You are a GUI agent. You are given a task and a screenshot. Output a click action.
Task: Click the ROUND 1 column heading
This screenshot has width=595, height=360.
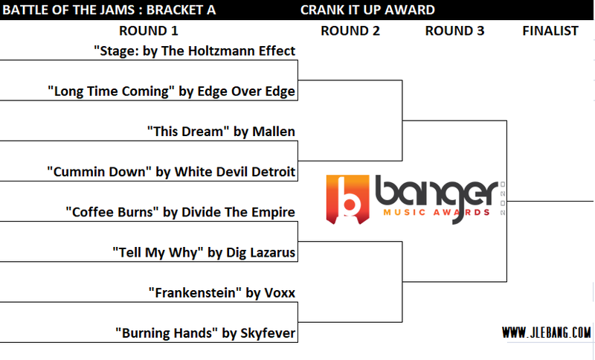pos(148,30)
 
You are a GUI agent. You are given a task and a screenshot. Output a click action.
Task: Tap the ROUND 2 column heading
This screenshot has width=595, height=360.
pos(350,30)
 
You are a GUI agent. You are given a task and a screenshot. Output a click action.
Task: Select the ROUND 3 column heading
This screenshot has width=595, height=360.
pos(454,30)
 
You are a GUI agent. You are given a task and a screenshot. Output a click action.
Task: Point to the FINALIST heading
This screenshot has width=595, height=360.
pos(550,30)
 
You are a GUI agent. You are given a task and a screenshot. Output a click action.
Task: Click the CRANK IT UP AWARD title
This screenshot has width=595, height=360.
pos(367,10)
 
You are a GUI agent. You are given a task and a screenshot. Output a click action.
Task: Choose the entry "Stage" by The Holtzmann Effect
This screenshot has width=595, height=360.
pos(194,51)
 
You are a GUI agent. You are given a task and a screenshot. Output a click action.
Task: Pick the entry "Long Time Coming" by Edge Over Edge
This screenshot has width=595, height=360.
pos(171,91)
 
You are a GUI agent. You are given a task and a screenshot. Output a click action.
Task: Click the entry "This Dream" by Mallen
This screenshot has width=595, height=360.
pos(221,132)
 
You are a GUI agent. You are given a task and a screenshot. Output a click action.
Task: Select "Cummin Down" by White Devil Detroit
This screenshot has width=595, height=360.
pos(171,172)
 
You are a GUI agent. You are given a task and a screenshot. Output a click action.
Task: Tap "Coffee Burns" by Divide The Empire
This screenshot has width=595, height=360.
pos(180,212)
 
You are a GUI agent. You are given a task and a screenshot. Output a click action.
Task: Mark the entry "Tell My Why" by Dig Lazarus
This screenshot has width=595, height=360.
pos(204,253)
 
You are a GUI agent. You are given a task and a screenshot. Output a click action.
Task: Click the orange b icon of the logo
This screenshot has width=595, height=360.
pos(347,199)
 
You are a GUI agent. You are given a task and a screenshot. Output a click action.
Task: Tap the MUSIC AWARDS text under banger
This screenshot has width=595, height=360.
pos(437,213)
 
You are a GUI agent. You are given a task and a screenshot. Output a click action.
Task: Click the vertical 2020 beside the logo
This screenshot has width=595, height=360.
pos(503,199)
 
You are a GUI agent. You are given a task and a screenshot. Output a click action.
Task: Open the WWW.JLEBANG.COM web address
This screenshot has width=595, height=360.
pos(547,332)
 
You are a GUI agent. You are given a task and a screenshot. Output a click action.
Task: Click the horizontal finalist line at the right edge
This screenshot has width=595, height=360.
pos(550,201)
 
